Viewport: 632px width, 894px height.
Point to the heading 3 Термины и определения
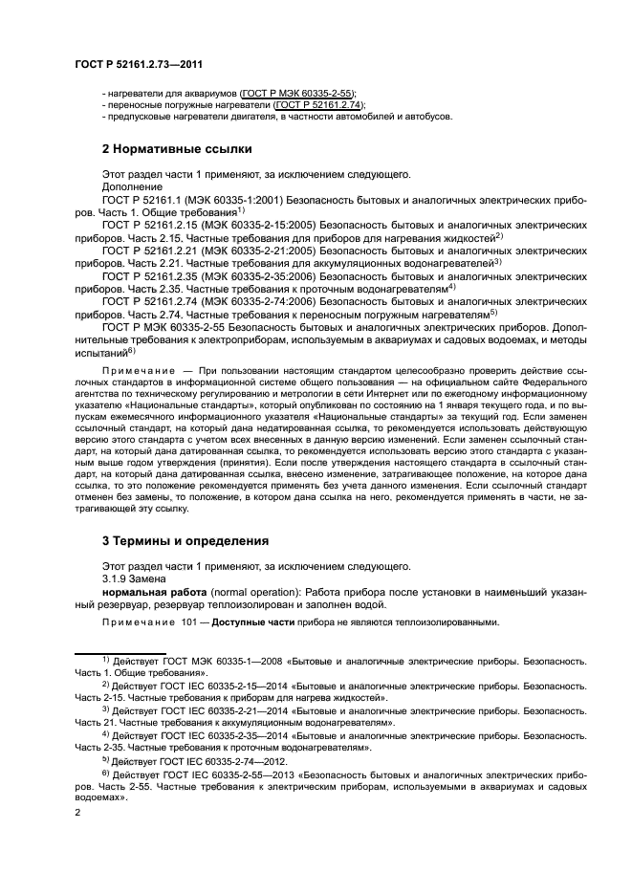pos(185,540)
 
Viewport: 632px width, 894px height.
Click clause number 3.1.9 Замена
pos(135,578)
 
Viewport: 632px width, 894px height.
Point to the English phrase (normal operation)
pos(253,593)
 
